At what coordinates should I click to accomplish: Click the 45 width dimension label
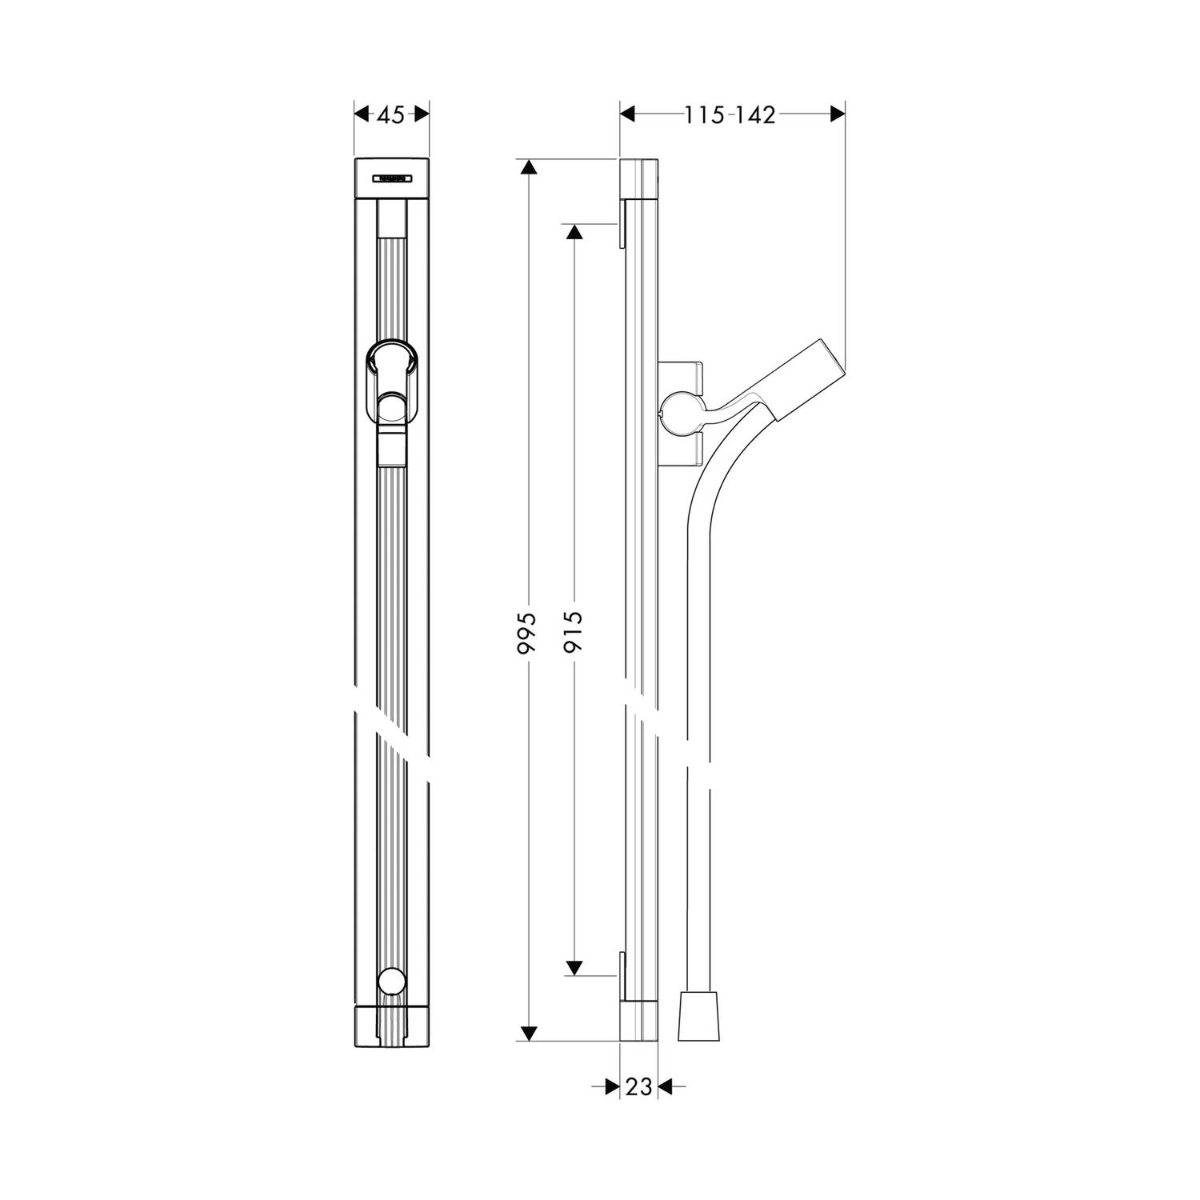click(x=390, y=115)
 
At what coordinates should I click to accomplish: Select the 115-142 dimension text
click(x=730, y=115)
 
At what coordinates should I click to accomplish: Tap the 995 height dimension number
click(x=526, y=634)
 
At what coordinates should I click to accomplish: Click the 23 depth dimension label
click(x=638, y=1086)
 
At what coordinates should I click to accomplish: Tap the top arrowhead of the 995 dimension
click(x=526, y=166)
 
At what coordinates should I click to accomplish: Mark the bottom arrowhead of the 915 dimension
click(x=574, y=968)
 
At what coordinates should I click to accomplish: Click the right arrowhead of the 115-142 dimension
click(x=838, y=114)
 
